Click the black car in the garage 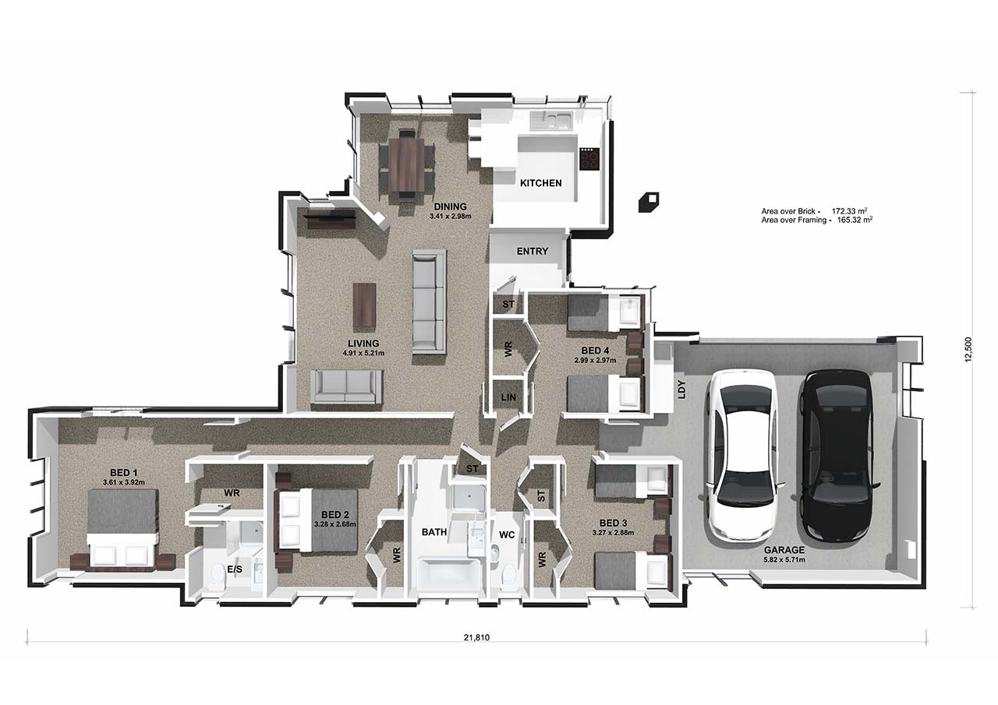click(x=837, y=455)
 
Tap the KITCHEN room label click(x=541, y=183)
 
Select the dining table click(x=406, y=164)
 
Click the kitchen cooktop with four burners click(x=589, y=159)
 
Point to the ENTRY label click(x=533, y=252)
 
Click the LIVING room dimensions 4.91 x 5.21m click(x=363, y=353)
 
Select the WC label click(x=507, y=535)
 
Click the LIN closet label click(x=508, y=397)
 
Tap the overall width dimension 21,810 click(x=476, y=637)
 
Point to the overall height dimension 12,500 click(x=968, y=350)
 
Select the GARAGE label click(x=784, y=550)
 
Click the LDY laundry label click(x=681, y=389)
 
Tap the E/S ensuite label click(x=235, y=569)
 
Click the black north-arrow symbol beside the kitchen click(x=649, y=202)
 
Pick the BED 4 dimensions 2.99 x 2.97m click(x=595, y=361)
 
